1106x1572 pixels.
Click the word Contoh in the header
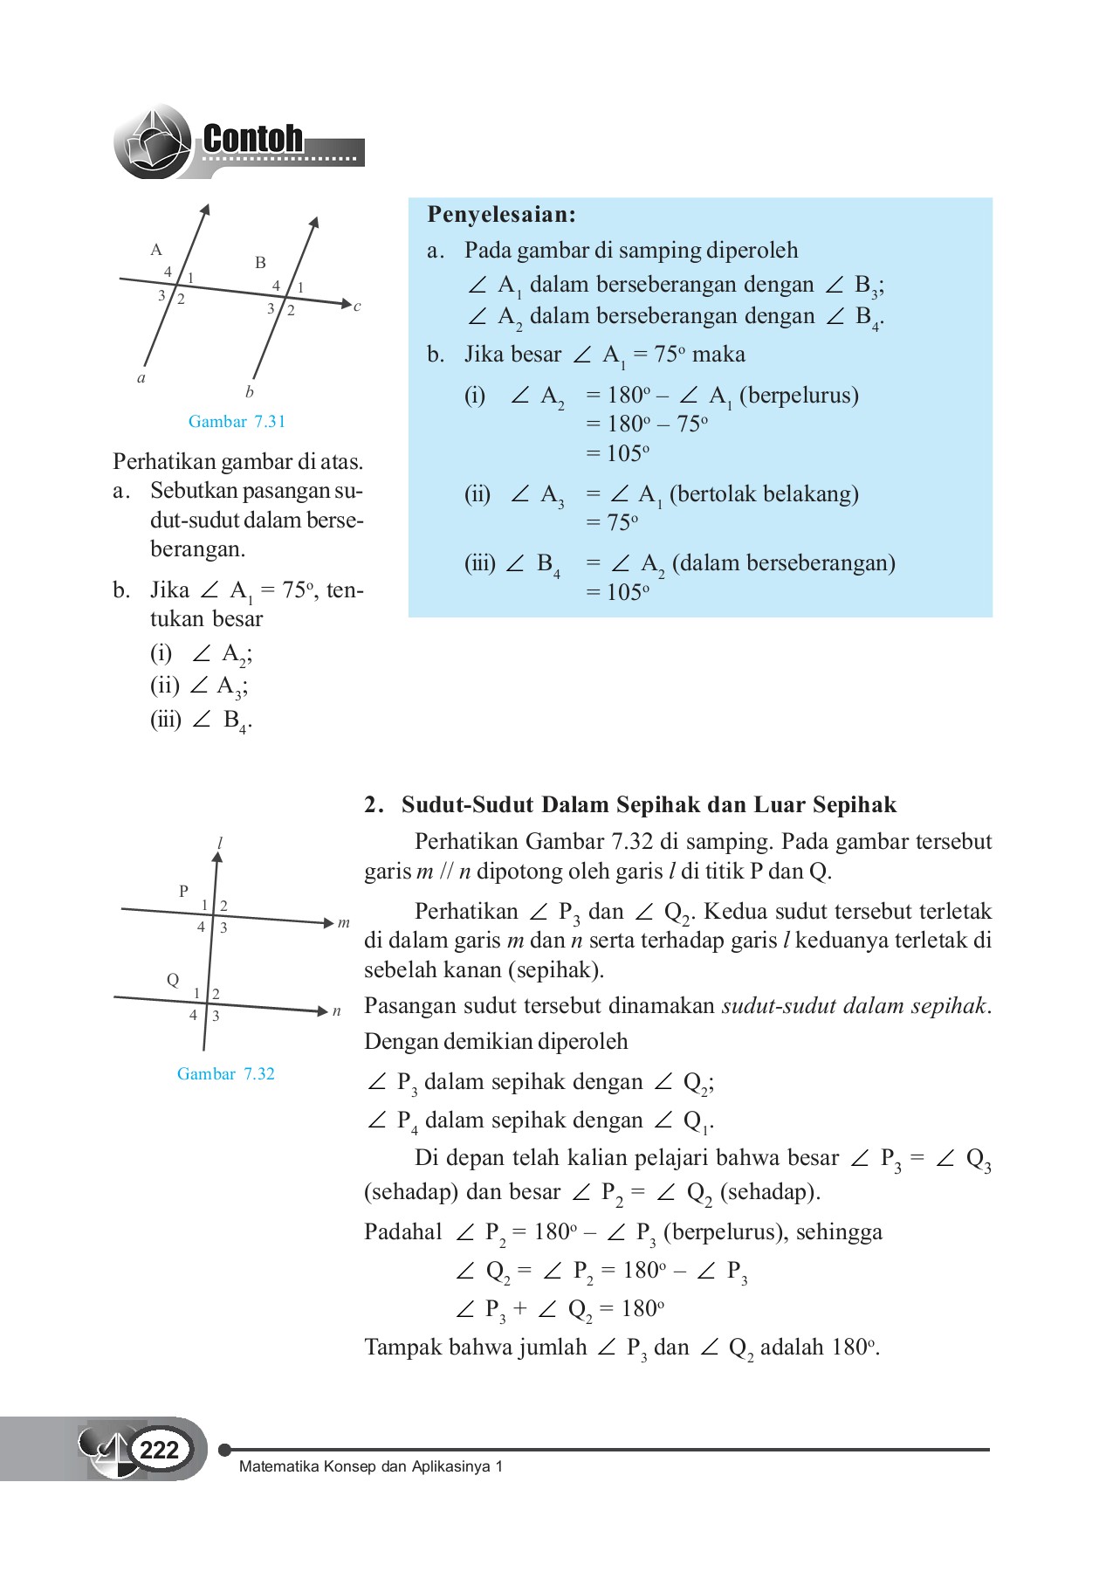[x=252, y=139]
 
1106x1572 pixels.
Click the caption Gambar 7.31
[x=237, y=422]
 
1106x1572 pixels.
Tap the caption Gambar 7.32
[x=225, y=1074]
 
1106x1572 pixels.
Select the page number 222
[x=159, y=1450]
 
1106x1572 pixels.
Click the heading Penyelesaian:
[x=501, y=215]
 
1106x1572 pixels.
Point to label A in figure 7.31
[x=156, y=250]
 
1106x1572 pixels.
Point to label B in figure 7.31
[x=260, y=262]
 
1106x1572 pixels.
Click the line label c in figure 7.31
[x=357, y=307]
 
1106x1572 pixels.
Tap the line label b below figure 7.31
[x=250, y=392]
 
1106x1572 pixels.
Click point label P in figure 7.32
[x=183, y=892]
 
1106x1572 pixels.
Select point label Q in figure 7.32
[x=173, y=980]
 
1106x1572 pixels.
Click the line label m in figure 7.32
[x=344, y=923]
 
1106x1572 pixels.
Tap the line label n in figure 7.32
[x=337, y=1011]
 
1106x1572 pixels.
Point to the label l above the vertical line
[x=220, y=843]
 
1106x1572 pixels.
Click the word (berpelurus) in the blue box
[x=799, y=396]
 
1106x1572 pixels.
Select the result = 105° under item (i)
[x=617, y=453]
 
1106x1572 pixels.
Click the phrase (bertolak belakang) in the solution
[x=764, y=494]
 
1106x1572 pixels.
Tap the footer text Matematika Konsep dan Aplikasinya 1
[x=371, y=1466]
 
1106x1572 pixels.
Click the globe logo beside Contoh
[x=153, y=142]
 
